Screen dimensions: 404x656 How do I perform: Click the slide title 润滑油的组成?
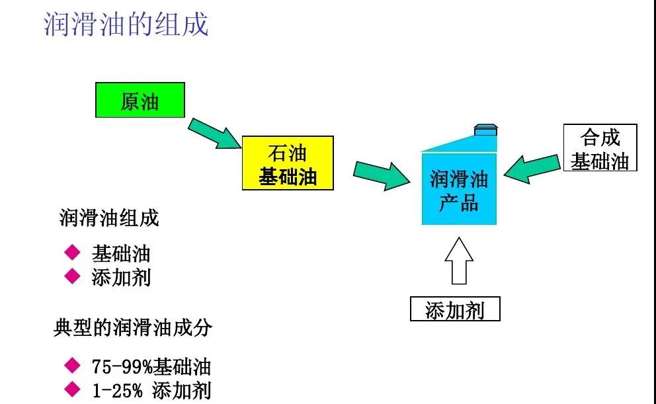(x=126, y=24)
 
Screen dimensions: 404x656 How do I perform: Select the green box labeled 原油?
(x=140, y=101)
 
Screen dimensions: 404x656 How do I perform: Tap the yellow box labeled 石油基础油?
(x=288, y=163)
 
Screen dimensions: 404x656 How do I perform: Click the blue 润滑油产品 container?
(x=459, y=188)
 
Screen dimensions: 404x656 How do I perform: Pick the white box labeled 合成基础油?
(x=600, y=148)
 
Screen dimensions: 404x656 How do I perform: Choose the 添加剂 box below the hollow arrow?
(x=455, y=309)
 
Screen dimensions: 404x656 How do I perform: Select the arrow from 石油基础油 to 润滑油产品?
(x=382, y=175)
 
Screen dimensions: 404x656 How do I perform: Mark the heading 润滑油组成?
(x=109, y=218)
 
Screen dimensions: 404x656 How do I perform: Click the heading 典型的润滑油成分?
(x=132, y=328)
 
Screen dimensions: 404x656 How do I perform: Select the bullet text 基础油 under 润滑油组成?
(x=121, y=254)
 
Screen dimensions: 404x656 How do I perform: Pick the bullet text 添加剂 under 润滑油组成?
(x=121, y=277)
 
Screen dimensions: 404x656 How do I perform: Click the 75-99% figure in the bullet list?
(x=122, y=367)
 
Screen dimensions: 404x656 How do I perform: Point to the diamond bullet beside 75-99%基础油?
(x=71, y=366)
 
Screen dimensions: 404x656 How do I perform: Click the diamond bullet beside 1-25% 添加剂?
(x=71, y=389)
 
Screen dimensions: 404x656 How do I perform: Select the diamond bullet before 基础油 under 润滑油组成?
(x=71, y=253)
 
